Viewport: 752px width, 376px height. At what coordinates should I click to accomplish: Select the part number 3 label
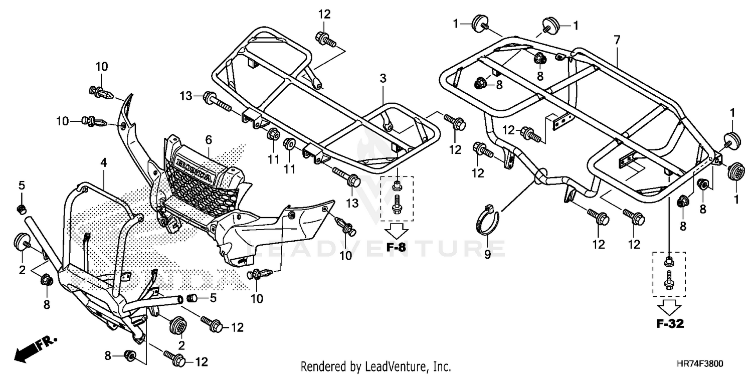coord(383,78)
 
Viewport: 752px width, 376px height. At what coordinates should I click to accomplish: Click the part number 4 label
coord(103,162)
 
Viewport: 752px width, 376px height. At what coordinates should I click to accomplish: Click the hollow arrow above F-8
coord(397,232)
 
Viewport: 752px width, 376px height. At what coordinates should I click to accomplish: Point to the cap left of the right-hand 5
coord(192,298)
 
